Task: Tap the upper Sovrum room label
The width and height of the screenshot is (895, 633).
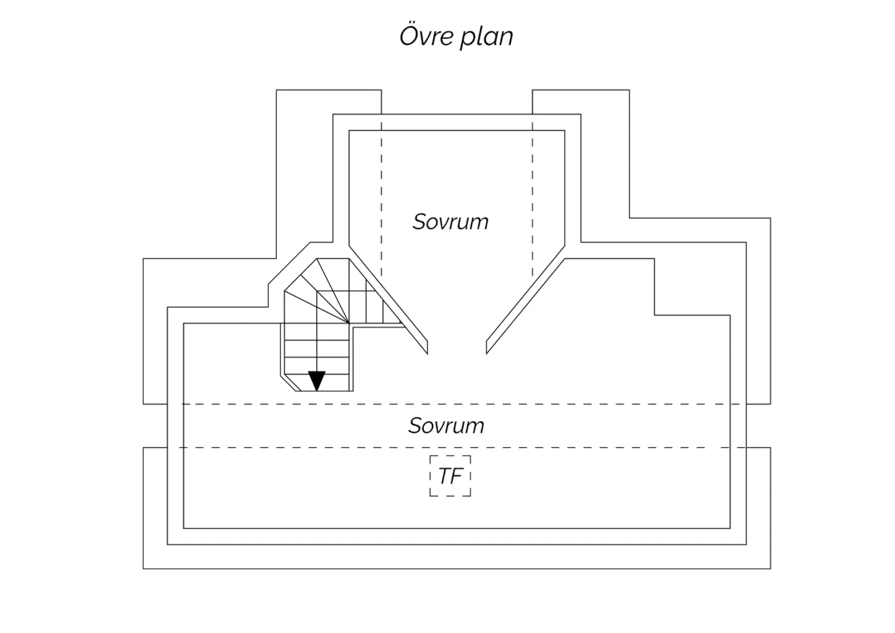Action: pyautogui.click(x=450, y=222)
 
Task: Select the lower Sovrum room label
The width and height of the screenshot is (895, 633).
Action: pyautogui.click(x=446, y=425)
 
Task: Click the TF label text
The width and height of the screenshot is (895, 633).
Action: pyautogui.click(x=450, y=476)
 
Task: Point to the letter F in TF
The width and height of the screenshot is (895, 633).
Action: pyautogui.click(x=457, y=476)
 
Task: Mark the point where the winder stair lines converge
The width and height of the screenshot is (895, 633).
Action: pyautogui.click(x=349, y=322)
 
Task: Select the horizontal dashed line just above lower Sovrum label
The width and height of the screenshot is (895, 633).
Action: pyautogui.click(x=464, y=404)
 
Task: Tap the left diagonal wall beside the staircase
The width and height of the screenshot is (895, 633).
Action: pyautogui.click(x=388, y=300)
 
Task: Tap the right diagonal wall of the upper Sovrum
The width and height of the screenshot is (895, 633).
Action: pyautogui.click(x=526, y=300)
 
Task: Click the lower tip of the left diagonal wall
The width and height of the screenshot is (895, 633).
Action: pyautogui.click(x=428, y=354)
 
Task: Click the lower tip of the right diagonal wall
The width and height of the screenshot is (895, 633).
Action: pyautogui.click(x=486, y=354)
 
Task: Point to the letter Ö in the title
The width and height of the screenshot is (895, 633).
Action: pyautogui.click(x=409, y=36)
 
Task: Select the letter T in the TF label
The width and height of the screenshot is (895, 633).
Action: pyautogui.click(x=445, y=476)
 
